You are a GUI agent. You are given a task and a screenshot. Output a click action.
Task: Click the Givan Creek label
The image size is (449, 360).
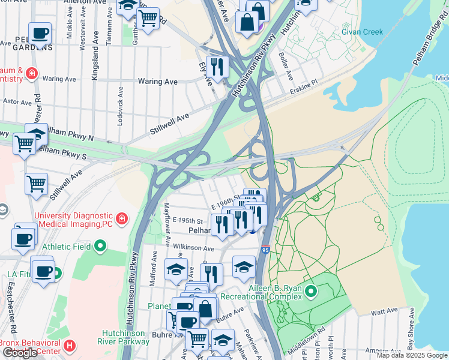[362, 32]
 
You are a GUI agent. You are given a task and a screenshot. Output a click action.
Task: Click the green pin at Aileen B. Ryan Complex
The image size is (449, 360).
[310, 292]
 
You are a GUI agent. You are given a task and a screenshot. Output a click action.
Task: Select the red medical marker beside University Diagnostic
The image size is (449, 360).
[122, 218]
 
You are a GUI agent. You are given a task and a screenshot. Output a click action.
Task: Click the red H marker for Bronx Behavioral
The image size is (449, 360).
[70, 346]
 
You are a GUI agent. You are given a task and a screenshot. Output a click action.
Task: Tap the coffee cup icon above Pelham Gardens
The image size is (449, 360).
[40, 34]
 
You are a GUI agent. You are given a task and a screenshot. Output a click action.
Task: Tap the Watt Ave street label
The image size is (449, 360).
[384, 311]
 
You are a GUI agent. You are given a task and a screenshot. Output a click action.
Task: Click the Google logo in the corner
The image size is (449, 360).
[20, 353]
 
